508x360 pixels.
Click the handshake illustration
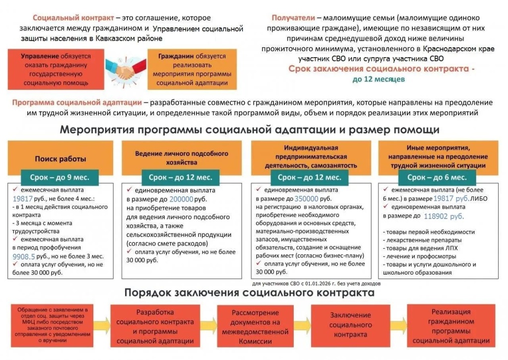pyautogui.click(x=126, y=70)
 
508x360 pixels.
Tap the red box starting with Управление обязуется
pyautogui.click(x=56, y=70)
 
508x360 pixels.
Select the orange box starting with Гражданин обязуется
pyautogui.click(x=192, y=70)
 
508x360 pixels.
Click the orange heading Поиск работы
pyautogui.click(x=61, y=158)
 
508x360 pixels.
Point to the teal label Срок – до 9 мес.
pyautogui.click(x=60, y=177)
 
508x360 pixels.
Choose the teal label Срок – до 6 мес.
pyautogui.click(x=437, y=177)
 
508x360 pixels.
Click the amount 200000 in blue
pyautogui.click(x=181, y=199)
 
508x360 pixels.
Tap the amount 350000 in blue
pyautogui.click(x=306, y=199)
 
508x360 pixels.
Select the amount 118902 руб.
pyautogui.click(x=444, y=216)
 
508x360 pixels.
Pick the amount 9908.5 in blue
pyautogui.click(x=24, y=257)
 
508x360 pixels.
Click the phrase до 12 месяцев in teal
pyautogui.click(x=379, y=79)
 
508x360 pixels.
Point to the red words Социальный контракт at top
pyautogui.click(x=73, y=18)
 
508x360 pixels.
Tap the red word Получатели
pyautogui.click(x=293, y=18)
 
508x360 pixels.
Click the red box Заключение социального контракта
pyautogui.click(x=351, y=325)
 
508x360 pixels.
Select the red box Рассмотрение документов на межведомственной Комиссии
pyautogui.click(x=255, y=326)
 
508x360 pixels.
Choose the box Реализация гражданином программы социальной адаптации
pyautogui.click(x=451, y=326)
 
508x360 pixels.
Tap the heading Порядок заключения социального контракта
pyautogui.click(x=250, y=292)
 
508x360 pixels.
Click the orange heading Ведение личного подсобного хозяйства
pyautogui.click(x=182, y=158)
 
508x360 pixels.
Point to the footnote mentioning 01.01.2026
pyautogui.click(x=316, y=284)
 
